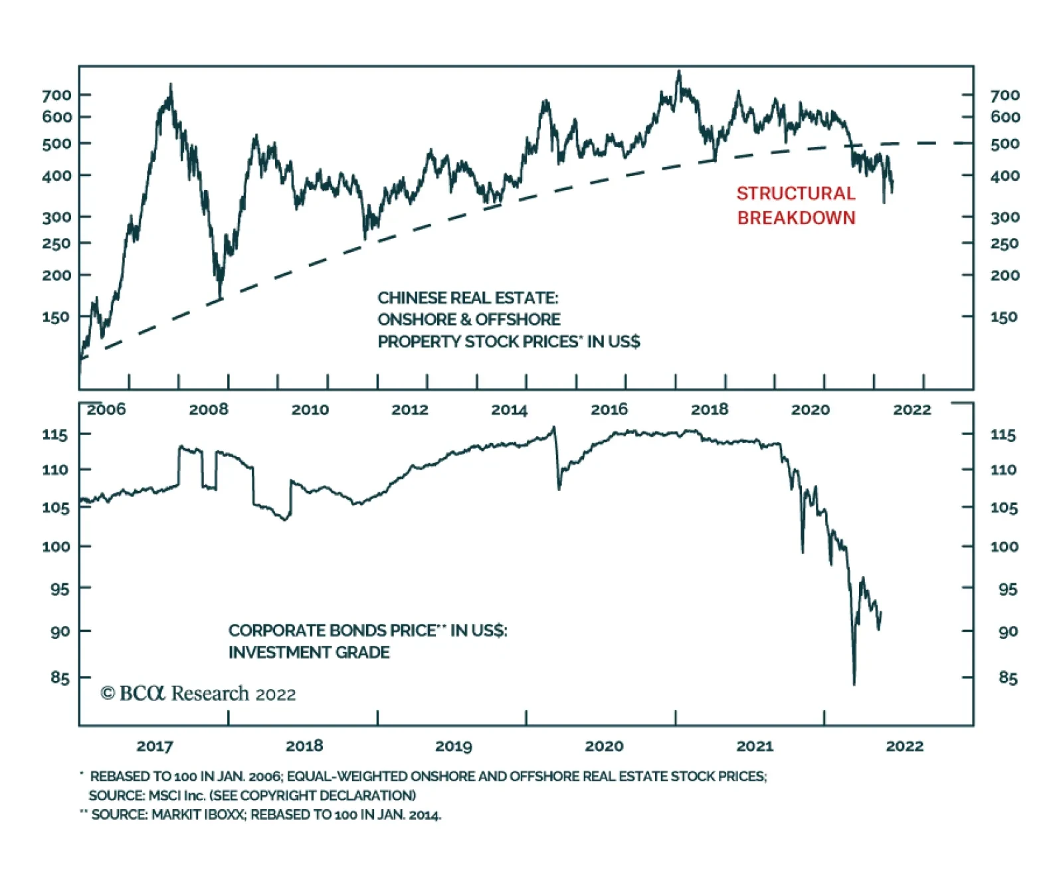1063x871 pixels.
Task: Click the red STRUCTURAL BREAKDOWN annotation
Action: (x=796, y=205)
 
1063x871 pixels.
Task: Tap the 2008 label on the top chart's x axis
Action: (x=208, y=409)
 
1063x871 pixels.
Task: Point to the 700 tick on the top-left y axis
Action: (x=56, y=95)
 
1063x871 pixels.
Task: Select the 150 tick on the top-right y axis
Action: (x=1004, y=317)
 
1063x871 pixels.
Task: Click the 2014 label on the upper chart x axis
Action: (x=509, y=410)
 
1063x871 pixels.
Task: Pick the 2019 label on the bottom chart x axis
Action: (x=453, y=746)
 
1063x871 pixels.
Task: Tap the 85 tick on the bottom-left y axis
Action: (x=60, y=678)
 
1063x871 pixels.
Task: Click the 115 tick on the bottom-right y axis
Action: (x=1003, y=435)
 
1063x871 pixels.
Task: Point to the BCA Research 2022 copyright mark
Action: (x=198, y=694)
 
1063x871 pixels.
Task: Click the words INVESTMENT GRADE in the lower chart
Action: (x=309, y=652)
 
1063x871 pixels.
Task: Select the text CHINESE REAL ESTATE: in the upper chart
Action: (x=468, y=298)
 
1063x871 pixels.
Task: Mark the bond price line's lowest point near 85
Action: (x=854, y=683)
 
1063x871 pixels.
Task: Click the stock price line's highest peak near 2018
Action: (x=678, y=71)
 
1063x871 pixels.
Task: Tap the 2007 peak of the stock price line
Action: (x=171, y=85)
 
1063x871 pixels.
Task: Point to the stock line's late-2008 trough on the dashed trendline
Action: (x=220, y=298)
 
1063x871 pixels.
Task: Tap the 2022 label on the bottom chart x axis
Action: (x=904, y=746)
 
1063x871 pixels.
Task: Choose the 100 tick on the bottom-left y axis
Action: (x=56, y=547)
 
